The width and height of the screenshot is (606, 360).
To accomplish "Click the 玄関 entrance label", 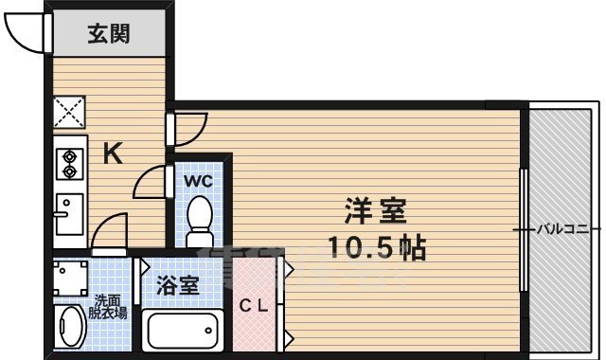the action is [109, 34].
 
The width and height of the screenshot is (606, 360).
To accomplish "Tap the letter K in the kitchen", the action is [113, 153].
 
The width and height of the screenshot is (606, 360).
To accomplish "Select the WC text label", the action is [198, 181].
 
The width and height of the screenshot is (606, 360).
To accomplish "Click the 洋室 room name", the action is [376, 211].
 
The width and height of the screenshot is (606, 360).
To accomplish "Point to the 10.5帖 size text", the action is [377, 247].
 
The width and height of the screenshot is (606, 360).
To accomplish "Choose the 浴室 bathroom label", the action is [177, 285].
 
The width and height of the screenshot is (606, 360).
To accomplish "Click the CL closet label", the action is [254, 306].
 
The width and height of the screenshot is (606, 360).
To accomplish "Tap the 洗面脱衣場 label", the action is [108, 307].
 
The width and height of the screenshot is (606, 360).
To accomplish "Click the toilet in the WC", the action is [200, 221].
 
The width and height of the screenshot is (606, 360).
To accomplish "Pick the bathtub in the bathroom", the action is [183, 331].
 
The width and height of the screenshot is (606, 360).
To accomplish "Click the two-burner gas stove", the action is [70, 164].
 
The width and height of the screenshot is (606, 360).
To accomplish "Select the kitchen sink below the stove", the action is [69, 214].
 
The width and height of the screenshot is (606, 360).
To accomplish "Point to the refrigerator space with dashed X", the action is [69, 112].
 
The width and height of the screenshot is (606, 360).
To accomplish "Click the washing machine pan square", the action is [70, 278].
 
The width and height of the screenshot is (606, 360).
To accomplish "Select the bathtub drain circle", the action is [208, 331].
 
